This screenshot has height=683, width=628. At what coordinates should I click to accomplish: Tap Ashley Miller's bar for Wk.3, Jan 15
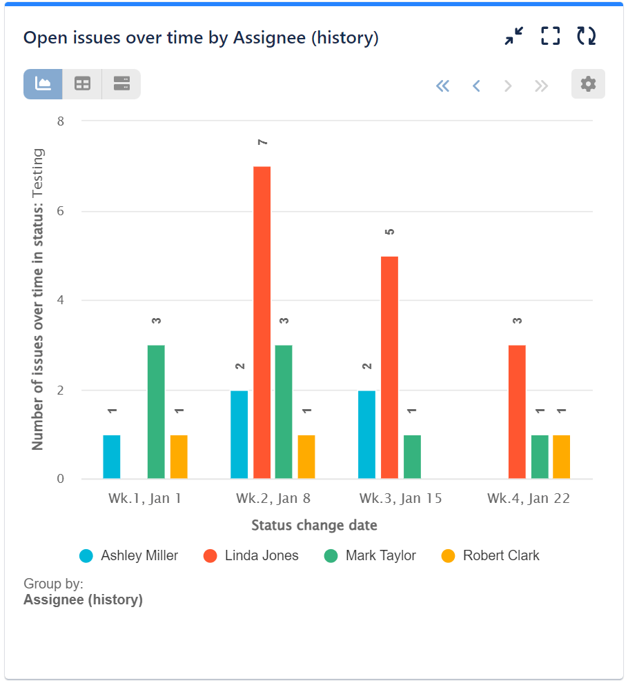coord(366,435)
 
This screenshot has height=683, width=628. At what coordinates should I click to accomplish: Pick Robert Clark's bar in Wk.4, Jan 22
coord(561,457)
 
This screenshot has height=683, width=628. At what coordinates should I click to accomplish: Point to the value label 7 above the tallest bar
coord(262,142)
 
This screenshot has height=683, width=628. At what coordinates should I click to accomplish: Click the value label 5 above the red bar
coord(390,232)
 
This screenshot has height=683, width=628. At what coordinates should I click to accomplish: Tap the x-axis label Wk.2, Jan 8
coord(273,499)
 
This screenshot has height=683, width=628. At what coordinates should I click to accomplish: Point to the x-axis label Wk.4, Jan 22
coord(529,499)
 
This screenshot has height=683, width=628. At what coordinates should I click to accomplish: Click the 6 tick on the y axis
coord(60,211)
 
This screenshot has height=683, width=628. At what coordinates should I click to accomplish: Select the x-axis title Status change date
coord(314,526)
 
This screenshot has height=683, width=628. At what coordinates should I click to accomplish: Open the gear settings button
coord(588,84)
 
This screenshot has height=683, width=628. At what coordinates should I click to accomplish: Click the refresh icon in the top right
coord(587,37)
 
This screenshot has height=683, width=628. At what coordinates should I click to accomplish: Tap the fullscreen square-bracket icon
coord(550,37)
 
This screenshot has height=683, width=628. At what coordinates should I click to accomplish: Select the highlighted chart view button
coord(43,84)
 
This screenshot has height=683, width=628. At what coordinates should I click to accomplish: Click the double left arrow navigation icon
coord(442,86)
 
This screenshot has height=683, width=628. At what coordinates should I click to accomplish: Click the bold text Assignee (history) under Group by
coord(83,600)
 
